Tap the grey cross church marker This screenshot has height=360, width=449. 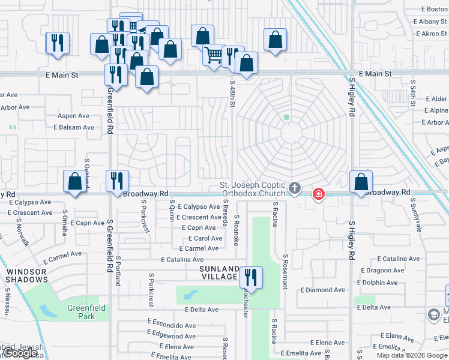tap(294, 188)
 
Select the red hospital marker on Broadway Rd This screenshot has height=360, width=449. tap(318, 194)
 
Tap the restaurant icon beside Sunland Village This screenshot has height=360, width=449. tap(251, 277)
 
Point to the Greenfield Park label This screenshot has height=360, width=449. tap(86, 312)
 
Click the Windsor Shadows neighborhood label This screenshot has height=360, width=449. tap(26, 275)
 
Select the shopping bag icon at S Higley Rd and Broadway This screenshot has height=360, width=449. tap(361, 181)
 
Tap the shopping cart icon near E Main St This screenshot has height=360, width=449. tap(214, 55)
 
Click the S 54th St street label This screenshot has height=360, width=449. tap(413, 92)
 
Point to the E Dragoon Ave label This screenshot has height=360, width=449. tap(381, 271)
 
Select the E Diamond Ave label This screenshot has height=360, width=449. tap(323, 290)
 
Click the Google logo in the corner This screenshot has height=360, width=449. tap(21, 353)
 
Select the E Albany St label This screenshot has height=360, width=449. tap(430, 22)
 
